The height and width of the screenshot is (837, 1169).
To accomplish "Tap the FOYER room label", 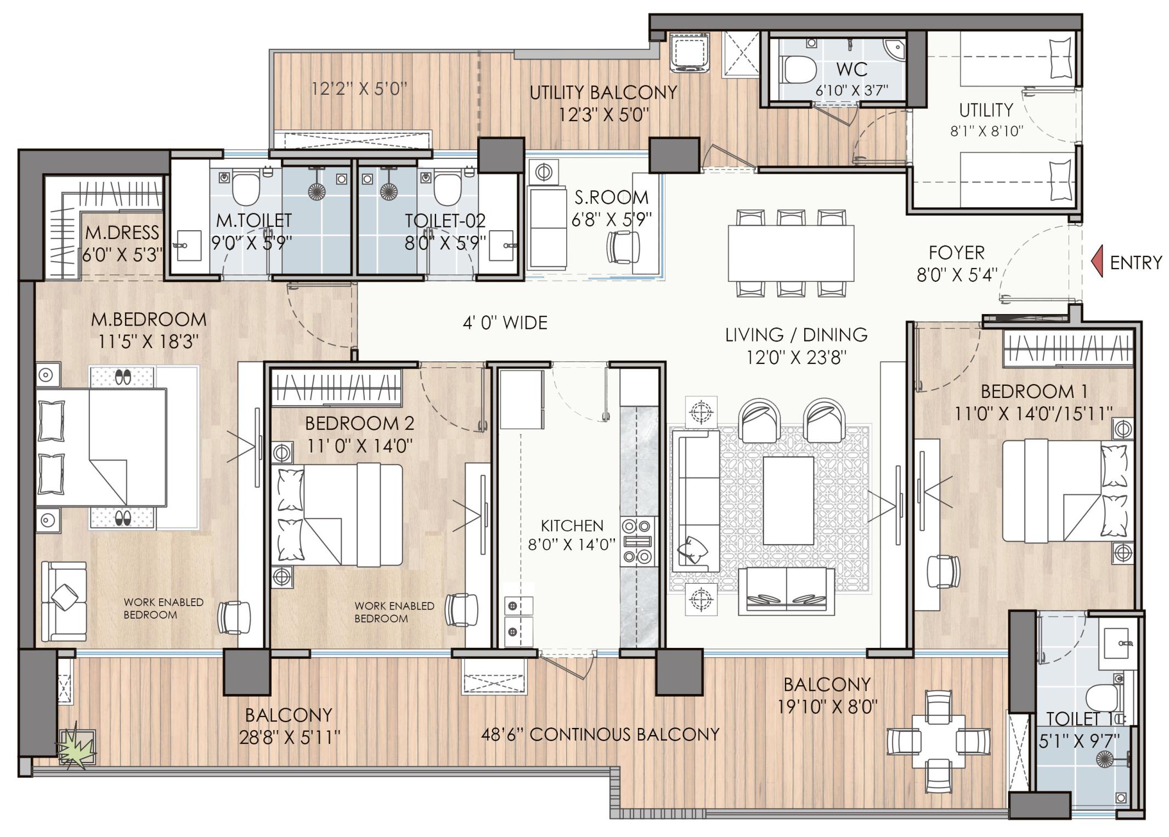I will coord(956,253).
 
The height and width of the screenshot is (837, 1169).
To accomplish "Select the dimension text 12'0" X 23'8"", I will coord(796,357).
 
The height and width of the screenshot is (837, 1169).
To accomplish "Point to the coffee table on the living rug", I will coord(788,500).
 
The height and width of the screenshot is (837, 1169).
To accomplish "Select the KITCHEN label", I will coord(572,526).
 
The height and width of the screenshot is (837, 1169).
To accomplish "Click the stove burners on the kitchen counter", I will coord(638,542).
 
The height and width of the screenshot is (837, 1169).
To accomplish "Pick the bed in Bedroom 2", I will coord(337,515).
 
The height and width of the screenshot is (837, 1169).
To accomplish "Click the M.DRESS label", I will coord(122,232).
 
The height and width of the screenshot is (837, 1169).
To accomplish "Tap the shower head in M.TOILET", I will coord(317,191).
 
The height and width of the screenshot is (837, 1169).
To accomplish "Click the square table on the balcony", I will coord(939,741).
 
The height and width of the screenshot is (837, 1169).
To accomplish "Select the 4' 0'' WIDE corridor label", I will coord(505,322).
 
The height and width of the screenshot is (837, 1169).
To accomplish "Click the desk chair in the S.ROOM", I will coord(623,247).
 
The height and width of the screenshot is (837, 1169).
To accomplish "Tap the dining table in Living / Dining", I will coord(790,253).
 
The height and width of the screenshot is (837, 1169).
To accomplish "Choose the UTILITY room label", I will coord(985,110).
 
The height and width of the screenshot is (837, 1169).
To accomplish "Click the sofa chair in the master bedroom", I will coord(64,600).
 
